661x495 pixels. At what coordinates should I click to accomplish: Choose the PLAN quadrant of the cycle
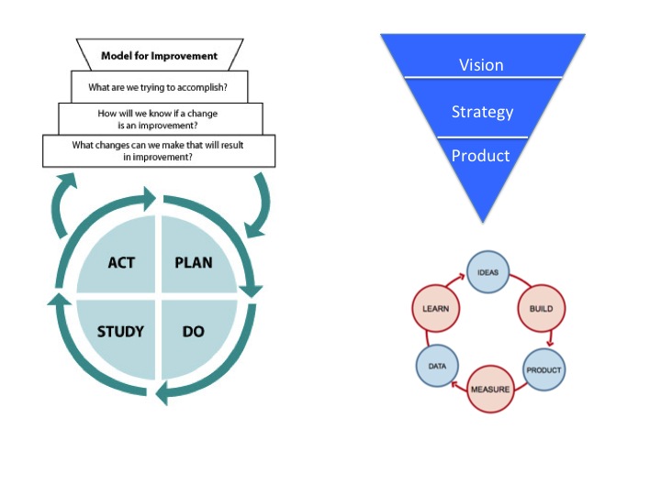[x=194, y=263]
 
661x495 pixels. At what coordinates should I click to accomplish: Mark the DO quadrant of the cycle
[x=194, y=331]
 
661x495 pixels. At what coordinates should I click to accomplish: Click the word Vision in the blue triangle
[x=482, y=64]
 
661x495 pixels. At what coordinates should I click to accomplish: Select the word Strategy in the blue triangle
[x=482, y=112]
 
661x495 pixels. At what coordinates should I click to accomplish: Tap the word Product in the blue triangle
[x=481, y=156]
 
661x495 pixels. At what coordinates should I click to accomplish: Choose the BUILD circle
[x=541, y=309]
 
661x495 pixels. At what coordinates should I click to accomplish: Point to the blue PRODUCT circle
[x=543, y=370]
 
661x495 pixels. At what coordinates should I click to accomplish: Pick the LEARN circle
[x=435, y=309]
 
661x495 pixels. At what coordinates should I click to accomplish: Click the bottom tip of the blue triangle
[x=482, y=219]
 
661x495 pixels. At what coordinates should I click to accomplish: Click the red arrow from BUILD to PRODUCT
[x=550, y=340]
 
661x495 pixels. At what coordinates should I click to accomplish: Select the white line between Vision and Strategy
[x=482, y=78]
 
